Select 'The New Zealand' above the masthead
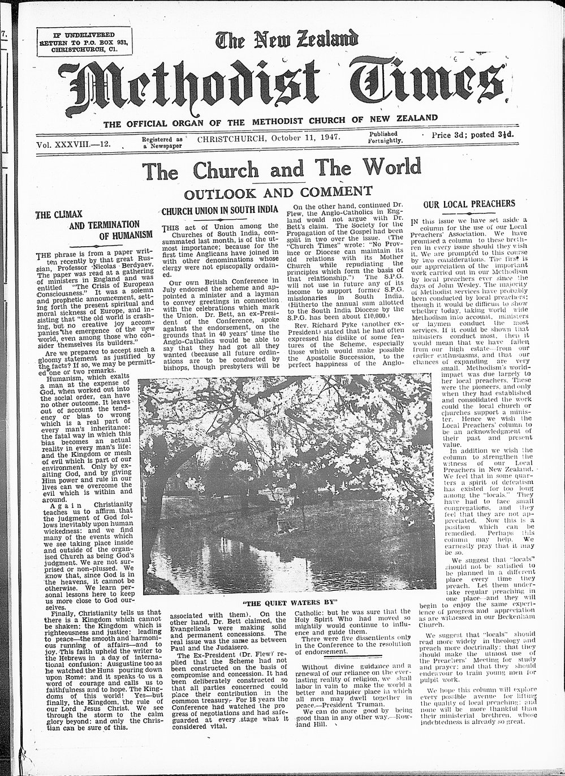(287, 40)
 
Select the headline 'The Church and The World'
(281, 168)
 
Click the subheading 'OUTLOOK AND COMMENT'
(278, 192)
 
